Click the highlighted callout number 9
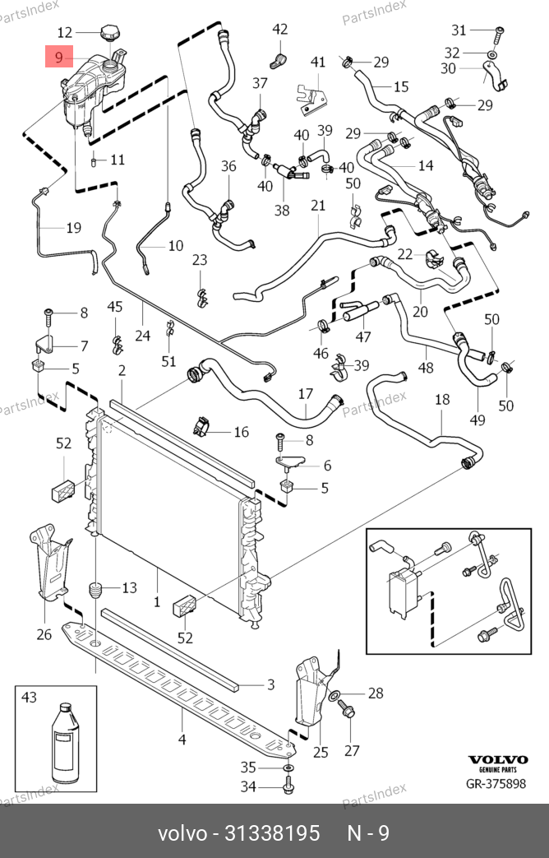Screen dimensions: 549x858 point(58,57)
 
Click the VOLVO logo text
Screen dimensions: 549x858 point(497,759)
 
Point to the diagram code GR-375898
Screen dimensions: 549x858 point(496,784)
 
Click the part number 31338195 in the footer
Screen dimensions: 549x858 point(272,833)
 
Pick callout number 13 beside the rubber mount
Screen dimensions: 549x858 point(129,587)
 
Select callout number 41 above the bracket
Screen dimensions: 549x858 point(317,62)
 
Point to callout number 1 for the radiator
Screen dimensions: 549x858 point(157,602)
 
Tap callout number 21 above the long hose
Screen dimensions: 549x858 point(318,206)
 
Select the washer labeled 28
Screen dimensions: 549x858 point(335,696)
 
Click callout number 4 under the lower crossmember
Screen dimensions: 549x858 point(182,740)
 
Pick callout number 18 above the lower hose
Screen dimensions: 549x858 point(442,400)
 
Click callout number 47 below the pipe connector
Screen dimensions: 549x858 point(363,337)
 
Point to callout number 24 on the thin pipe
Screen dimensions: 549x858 point(142,334)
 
